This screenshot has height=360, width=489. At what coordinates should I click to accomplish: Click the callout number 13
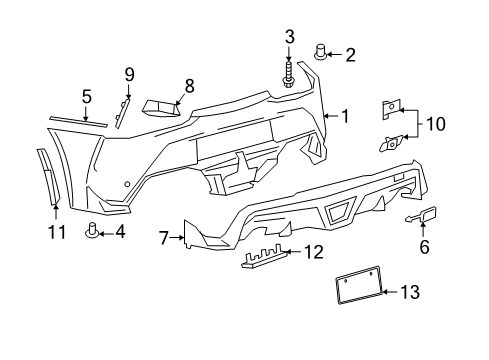pyautogui.click(x=410, y=292)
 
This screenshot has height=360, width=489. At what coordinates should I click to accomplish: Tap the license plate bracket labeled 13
pyautogui.click(x=359, y=285)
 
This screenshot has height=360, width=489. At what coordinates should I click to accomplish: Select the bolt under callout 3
pyautogui.click(x=288, y=75)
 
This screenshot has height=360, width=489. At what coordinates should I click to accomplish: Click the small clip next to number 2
pyautogui.click(x=321, y=52)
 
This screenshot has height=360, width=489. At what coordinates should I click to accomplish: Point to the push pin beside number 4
pyautogui.click(x=92, y=231)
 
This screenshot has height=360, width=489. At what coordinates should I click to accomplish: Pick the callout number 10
pyautogui.click(x=436, y=124)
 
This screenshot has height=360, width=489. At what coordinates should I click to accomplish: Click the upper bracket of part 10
pyautogui.click(x=391, y=110)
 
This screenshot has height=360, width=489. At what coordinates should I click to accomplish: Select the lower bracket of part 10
pyautogui.click(x=391, y=143)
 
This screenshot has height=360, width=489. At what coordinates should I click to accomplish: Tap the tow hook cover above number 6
pyautogui.click(x=422, y=215)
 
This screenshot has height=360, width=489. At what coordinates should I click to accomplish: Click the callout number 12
pyautogui.click(x=314, y=252)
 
